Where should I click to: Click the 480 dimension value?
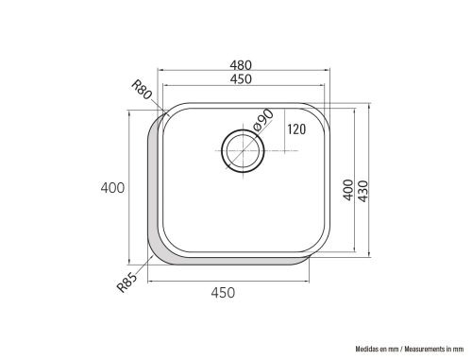[241, 65]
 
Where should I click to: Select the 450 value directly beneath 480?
[241, 79]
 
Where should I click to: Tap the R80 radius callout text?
[142, 90]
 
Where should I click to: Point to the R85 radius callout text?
[127, 283]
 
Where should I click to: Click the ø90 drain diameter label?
[263, 120]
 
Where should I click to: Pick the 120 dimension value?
[296, 129]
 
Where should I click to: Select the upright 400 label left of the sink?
[112, 188]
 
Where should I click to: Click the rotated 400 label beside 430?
[348, 190]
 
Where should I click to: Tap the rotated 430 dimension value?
[362, 191]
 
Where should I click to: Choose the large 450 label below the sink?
[223, 293]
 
